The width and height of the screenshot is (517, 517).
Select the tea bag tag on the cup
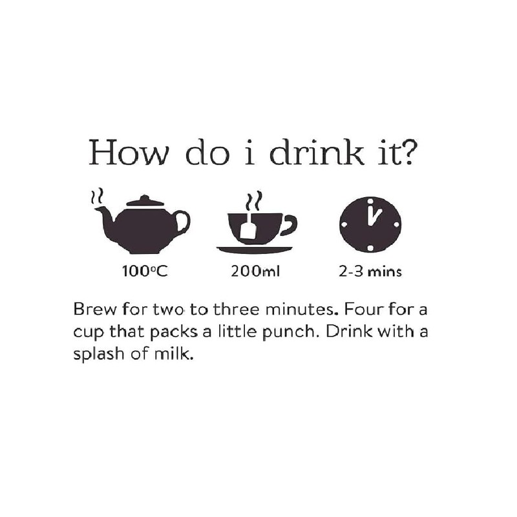click(248, 229)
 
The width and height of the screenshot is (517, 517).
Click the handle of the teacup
click(289, 224)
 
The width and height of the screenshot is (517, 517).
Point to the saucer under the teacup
click(254, 249)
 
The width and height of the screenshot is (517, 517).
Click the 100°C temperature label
click(145, 272)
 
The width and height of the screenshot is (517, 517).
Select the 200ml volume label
click(255, 272)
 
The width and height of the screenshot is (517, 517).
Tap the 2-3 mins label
click(370, 272)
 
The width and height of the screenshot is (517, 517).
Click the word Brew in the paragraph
click(90, 308)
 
